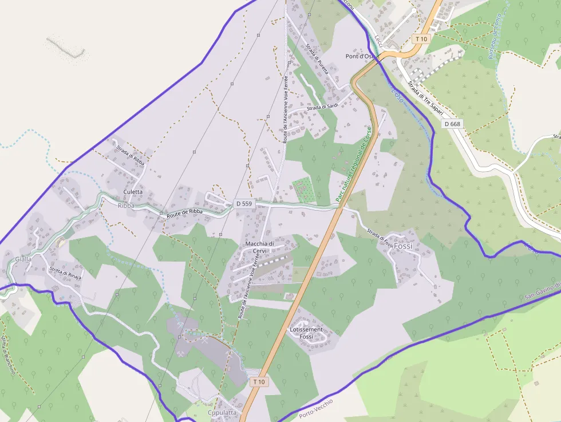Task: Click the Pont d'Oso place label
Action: pyautogui.click(x=360, y=56)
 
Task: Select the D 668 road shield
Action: pyautogui.click(x=452, y=124)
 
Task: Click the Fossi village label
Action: pyautogui.click(x=403, y=246)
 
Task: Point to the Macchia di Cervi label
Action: pyautogui.click(x=259, y=247)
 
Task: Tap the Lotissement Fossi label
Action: pyautogui.click(x=306, y=333)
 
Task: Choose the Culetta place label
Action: pyautogui.click(x=133, y=192)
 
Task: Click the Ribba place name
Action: pyautogui.click(x=125, y=205)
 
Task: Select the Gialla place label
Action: pyautogui.click(x=23, y=259)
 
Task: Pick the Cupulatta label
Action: pyautogui.click(x=222, y=412)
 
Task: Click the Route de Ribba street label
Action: pyautogui.click(x=185, y=212)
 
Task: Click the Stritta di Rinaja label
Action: pyautogui.click(x=66, y=272)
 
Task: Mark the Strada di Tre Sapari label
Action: pyautogui.click(x=422, y=95)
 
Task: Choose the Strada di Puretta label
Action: pyautogui.click(x=317, y=60)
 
